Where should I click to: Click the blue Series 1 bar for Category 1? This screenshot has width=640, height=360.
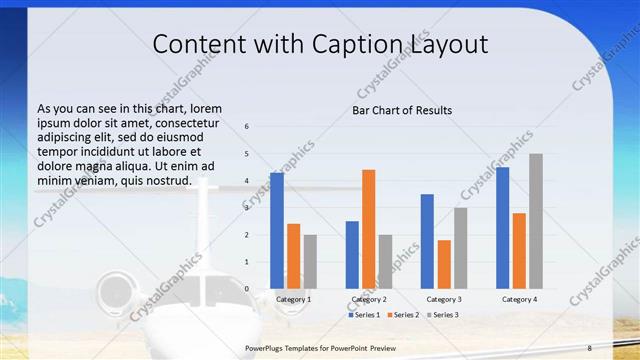click(277, 231)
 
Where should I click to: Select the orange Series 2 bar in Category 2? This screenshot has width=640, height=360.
click(369, 229)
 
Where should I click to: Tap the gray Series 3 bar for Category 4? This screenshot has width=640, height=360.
click(536, 221)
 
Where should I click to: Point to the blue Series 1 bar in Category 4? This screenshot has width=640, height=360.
click(502, 228)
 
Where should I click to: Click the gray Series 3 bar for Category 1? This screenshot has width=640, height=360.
click(310, 261)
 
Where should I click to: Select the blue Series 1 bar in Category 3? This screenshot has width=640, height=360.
click(427, 241)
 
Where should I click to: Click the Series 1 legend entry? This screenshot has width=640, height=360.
click(364, 315)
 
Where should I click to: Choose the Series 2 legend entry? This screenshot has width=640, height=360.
click(402, 315)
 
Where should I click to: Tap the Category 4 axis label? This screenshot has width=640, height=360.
click(519, 299)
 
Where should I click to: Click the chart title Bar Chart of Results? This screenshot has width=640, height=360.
click(402, 110)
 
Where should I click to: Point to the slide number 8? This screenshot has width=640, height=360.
click(590, 346)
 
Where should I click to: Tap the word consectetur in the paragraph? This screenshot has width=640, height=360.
click(182, 122)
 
